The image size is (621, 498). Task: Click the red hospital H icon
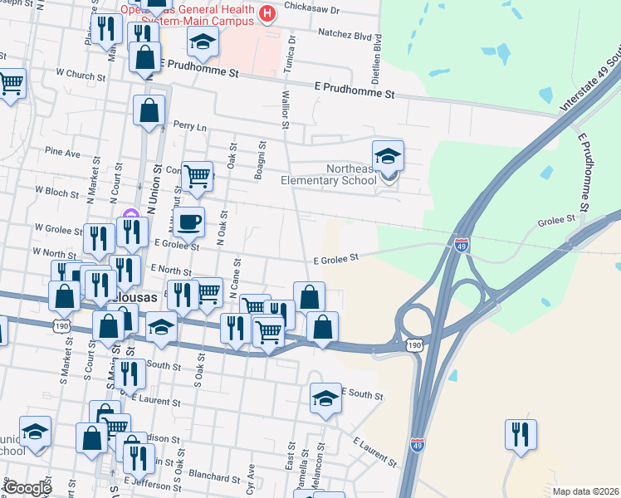[266, 13]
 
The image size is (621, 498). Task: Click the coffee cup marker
[188, 222]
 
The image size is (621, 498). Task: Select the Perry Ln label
[189, 124]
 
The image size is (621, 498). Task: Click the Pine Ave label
[63, 153]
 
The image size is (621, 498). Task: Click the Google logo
[27, 488]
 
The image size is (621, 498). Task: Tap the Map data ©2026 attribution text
[585, 491]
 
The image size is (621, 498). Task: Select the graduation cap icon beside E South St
[326, 398]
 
